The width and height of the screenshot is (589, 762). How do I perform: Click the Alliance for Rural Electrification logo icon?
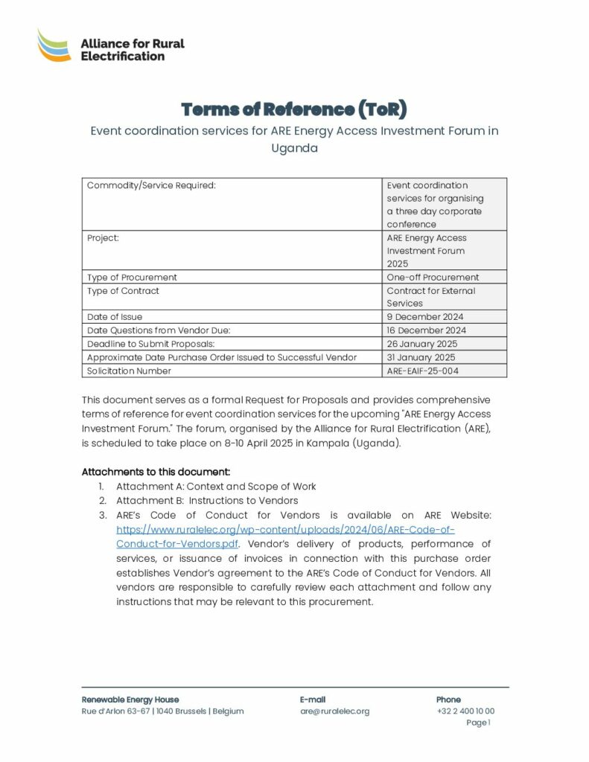pos(54,45)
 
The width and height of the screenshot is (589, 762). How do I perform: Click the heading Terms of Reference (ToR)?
pos(294,109)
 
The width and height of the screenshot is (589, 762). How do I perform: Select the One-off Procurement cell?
pos(433,278)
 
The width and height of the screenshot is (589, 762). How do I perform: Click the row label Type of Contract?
pos(123,291)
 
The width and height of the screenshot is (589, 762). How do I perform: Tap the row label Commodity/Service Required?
pos(151,185)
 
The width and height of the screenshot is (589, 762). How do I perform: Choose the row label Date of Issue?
pos(115,317)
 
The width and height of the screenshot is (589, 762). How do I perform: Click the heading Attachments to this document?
pos(156,472)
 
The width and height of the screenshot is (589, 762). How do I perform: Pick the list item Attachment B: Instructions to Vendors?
pos(207,501)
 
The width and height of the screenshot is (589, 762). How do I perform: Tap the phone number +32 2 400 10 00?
pos(465,711)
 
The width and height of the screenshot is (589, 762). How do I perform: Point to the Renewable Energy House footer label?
pos(130,699)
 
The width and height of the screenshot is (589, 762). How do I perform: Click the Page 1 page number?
pos(478,723)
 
